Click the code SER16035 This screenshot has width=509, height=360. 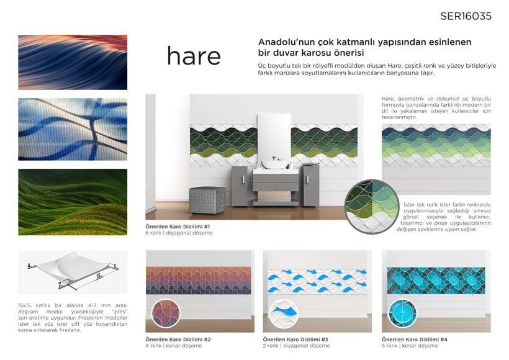click(x=466, y=16)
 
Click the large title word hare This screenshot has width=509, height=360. click(x=194, y=56)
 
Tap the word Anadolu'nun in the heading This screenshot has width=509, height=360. click(x=282, y=42)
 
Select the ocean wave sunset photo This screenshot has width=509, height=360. click(x=73, y=62)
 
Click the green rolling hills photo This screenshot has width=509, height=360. click(x=73, y=202)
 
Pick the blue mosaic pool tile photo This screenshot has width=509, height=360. click(x=73, y=129)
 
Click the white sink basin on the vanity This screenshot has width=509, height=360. click(x=275, y=164)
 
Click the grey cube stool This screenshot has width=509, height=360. click(x=207, y=200)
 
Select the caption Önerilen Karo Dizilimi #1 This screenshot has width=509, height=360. click(x=178, y=227)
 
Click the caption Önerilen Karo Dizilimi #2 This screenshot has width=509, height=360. click(x=178, y=340)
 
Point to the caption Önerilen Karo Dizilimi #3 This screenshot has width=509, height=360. click(x=295, y=340)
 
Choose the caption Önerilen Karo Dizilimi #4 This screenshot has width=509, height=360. click(x=415, y=340)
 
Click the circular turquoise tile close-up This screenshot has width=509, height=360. click(x=402, y=313)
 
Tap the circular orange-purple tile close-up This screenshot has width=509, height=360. click(x=166, y=313)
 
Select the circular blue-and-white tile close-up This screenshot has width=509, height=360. click(x=284, y=313)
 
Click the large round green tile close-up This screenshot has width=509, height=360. click(x=372, y=207)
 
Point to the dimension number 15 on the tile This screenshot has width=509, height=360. click(x=99, y=276)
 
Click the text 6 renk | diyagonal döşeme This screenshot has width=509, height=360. click(x=179, y=233)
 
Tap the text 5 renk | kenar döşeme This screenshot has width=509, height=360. click(x=410, y=346)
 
